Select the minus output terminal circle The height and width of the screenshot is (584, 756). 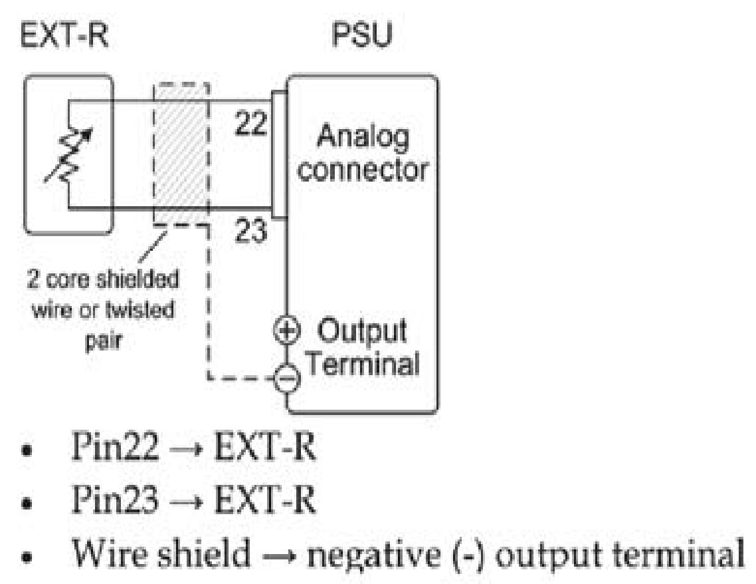(x=287, y=380)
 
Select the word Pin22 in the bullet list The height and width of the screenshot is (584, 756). (x=114, y=450)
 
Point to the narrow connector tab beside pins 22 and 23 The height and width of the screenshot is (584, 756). (x=278, y=154)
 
